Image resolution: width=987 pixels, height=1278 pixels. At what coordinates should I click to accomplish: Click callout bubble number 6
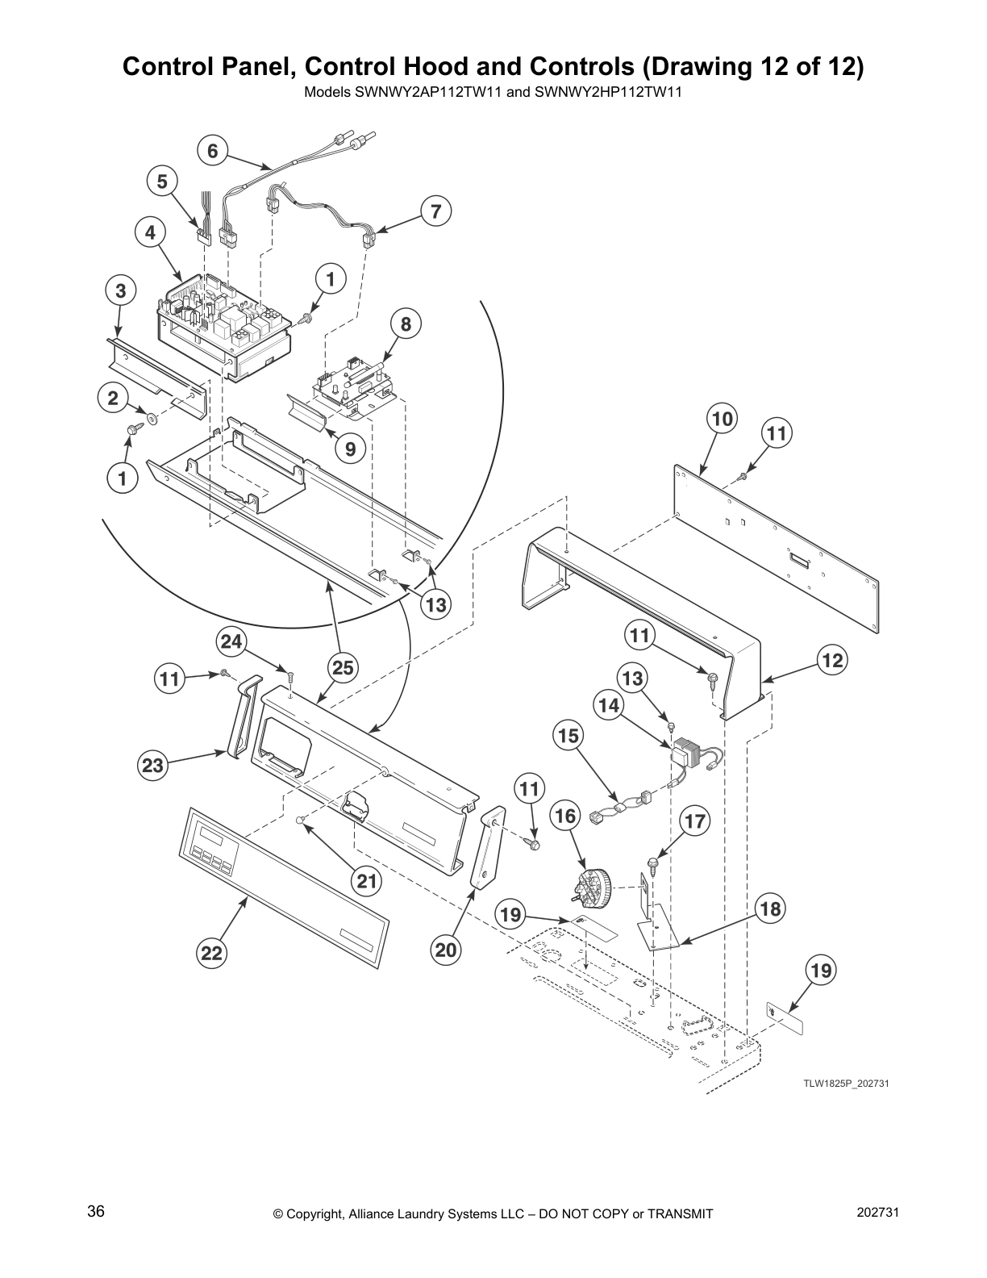(212, 151)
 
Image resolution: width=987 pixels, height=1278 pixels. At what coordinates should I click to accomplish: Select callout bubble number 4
(150, 233)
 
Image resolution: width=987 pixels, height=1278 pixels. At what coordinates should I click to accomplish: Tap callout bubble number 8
(406, 324)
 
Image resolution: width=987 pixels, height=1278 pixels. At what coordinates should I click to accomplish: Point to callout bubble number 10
(723, 419)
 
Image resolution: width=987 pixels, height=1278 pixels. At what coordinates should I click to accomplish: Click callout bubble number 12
(832, 661)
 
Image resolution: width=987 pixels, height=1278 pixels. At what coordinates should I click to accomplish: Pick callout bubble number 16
(566, 816)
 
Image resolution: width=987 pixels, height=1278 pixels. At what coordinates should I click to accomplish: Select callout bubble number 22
(211, 954)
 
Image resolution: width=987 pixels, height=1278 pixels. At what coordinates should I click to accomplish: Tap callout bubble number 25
(342, 667)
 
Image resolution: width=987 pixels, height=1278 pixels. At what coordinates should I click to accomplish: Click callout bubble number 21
(367, 882)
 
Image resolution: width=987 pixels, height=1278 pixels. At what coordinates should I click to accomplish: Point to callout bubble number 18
(770, 909)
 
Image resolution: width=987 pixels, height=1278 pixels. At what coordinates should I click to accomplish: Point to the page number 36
(96, 1212)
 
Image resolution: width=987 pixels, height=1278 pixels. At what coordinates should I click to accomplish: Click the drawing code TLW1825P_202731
(845, 1084)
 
